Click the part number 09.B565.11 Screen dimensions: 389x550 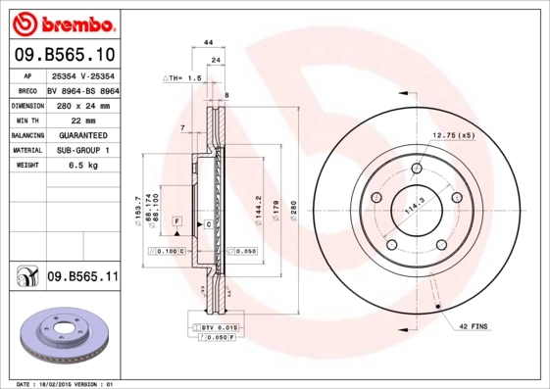point(82,277)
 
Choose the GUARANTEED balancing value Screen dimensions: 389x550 point(83,134)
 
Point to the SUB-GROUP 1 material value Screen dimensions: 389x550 point(83,150)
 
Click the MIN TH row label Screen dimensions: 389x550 point(25,119)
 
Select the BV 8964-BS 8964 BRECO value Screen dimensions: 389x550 point(83,88)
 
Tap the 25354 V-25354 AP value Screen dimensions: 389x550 point(83,73)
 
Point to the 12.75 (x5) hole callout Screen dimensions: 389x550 point(453,134)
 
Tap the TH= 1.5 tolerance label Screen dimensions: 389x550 point(182,76)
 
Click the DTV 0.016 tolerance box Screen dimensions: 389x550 point(217,327)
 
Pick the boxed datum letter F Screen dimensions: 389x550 point(176,223)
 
